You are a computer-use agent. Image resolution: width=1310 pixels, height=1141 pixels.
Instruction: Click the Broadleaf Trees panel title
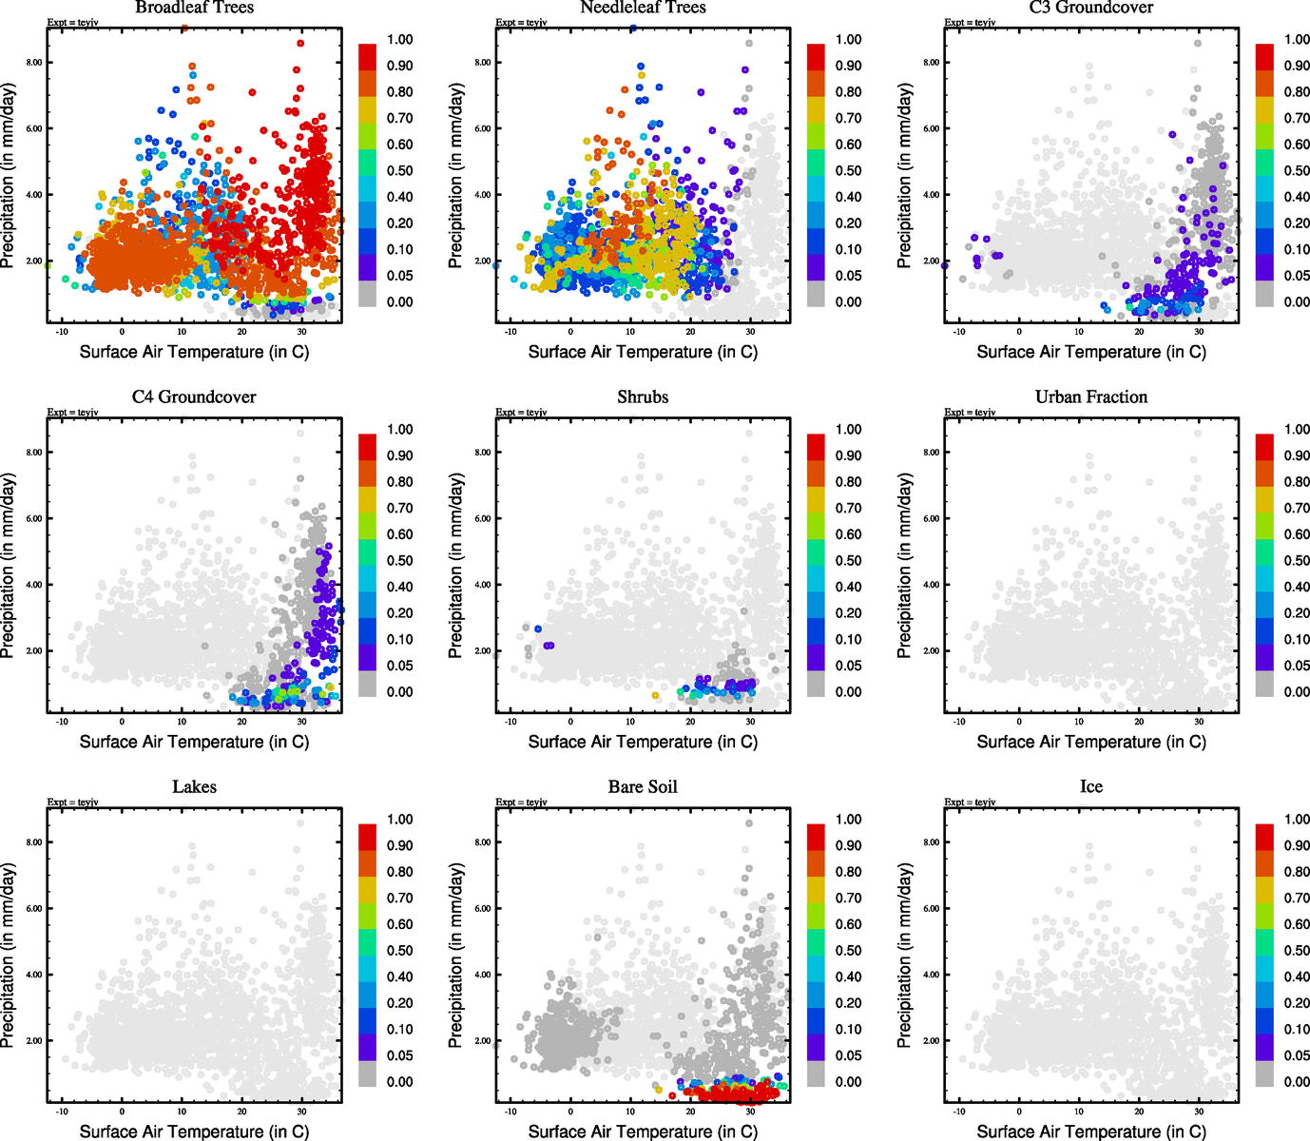pyautogui.click(x=194, y=8)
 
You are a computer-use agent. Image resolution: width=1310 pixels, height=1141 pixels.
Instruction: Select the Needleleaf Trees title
pyautogui.click(x=643, y=8)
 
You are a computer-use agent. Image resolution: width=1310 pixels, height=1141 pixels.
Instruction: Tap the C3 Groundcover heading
pyautogui.click(x=1091, y=8)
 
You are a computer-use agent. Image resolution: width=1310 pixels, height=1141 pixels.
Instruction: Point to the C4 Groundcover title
pyautogui.click(x=194, y=397)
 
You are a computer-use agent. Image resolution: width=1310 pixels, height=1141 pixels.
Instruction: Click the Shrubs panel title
pyautogui.click(x=643, y=397)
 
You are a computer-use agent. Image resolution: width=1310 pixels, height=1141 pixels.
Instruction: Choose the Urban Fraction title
pyautogui.click(x=1091, y=397)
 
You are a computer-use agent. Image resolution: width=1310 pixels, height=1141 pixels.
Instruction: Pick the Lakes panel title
pyautogui.click(x=194, y=787)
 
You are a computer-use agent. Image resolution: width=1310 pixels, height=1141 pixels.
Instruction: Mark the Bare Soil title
pyautogui.click(x=643, y=787)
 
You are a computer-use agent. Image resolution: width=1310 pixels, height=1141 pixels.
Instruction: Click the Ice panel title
pyautogui.click(x=1091, y=787)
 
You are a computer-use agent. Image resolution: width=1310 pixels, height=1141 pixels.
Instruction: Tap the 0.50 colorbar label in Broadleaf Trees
pyautogui.click(x=399, y=171)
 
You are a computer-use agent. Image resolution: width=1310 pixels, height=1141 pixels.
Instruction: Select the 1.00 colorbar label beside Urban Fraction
pyautogui.click(x=1297, y=430)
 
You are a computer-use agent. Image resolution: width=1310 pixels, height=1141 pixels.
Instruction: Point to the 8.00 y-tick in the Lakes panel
pyautogui.click(x=33, y=842)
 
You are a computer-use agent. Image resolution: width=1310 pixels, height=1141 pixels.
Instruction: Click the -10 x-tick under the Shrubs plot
pyautogui.click(x=511, y=722)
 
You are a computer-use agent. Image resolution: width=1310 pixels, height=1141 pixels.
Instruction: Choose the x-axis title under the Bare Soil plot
pyautogui.click(x=643, y=1131)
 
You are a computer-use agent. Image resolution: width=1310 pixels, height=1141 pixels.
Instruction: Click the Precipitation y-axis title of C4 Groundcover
pyautogui.click(x=10, y=567)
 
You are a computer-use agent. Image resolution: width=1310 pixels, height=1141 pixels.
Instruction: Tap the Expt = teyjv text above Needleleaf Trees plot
pyautogui.click(x=521, y=22)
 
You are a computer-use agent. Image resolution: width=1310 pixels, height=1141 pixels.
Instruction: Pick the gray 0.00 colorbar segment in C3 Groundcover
pyautogui.click(x=1264, y=294)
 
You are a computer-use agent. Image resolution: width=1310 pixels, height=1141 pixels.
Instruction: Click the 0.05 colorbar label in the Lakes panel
pyautogui.click(x=399, y=1055)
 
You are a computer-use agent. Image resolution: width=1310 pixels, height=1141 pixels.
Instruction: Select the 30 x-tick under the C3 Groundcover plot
pyautogui.click(x=1199, y=332)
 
